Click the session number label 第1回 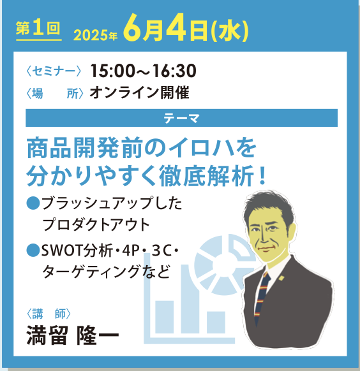click(x=38, y=29)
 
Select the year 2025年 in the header click(x=96, y=36)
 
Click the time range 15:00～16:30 click(x=143, y=71)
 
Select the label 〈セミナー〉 click(x=54, y=71)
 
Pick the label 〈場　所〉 click(x=55, y=93)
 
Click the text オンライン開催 click(x=140, y=93)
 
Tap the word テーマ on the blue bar click(x=181, y=118)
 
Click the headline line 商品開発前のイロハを click(x=142, y=148)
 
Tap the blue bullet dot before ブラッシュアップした click(x=33, y=203)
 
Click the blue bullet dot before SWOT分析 click(x=33, y=250)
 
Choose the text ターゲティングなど click(x=107, y=271)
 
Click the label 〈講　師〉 click(x=49, y=314)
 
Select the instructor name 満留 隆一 click(x=73, y=335)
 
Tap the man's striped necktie click(x=262, y=298)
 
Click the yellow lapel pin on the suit click(x=281, y=277)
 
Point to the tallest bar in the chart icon click(x=190, y=299)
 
